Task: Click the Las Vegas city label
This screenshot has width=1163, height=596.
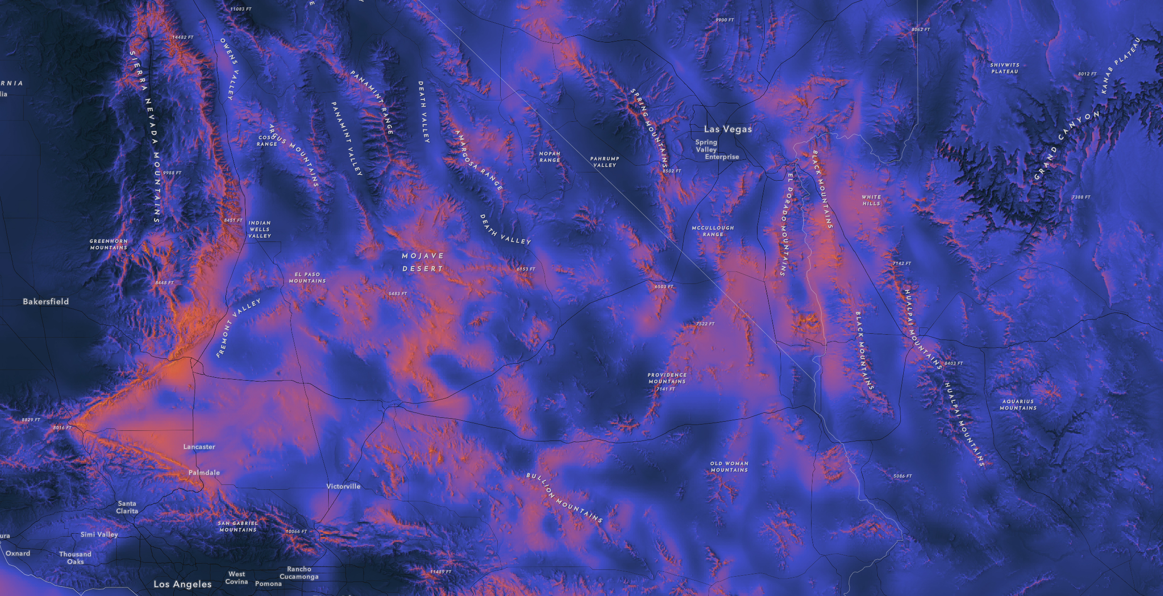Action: (728, 129)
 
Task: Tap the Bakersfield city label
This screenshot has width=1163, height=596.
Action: (46, 301)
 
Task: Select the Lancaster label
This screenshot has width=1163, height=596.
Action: (199, 447)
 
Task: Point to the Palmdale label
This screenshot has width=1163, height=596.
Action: (204, 472)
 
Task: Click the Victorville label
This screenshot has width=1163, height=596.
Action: (343, 486)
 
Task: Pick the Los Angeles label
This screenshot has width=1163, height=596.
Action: (182, 584)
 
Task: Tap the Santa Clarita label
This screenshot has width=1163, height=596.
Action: (127, 507)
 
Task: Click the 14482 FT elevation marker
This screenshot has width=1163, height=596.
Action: (182, 37)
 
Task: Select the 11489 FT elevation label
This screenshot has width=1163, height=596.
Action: (440, 572)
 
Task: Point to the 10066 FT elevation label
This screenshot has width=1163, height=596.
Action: (296, 531)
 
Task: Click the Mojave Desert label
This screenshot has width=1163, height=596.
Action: (422, 262)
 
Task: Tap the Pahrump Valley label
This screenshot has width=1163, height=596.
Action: (604, 162)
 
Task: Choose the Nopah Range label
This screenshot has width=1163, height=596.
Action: (549, 157)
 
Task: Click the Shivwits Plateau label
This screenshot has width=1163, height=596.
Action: (1005, 68)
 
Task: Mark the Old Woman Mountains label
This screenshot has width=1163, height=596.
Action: (729, 467)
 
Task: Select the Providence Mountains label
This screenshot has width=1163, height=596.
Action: (667, 378)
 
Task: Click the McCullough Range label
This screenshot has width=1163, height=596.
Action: (713, 231)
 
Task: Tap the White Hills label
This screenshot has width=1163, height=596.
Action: (871, 200)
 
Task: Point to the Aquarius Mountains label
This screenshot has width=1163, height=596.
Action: (1018, 405)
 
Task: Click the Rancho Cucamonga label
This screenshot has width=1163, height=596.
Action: (299, 573)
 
